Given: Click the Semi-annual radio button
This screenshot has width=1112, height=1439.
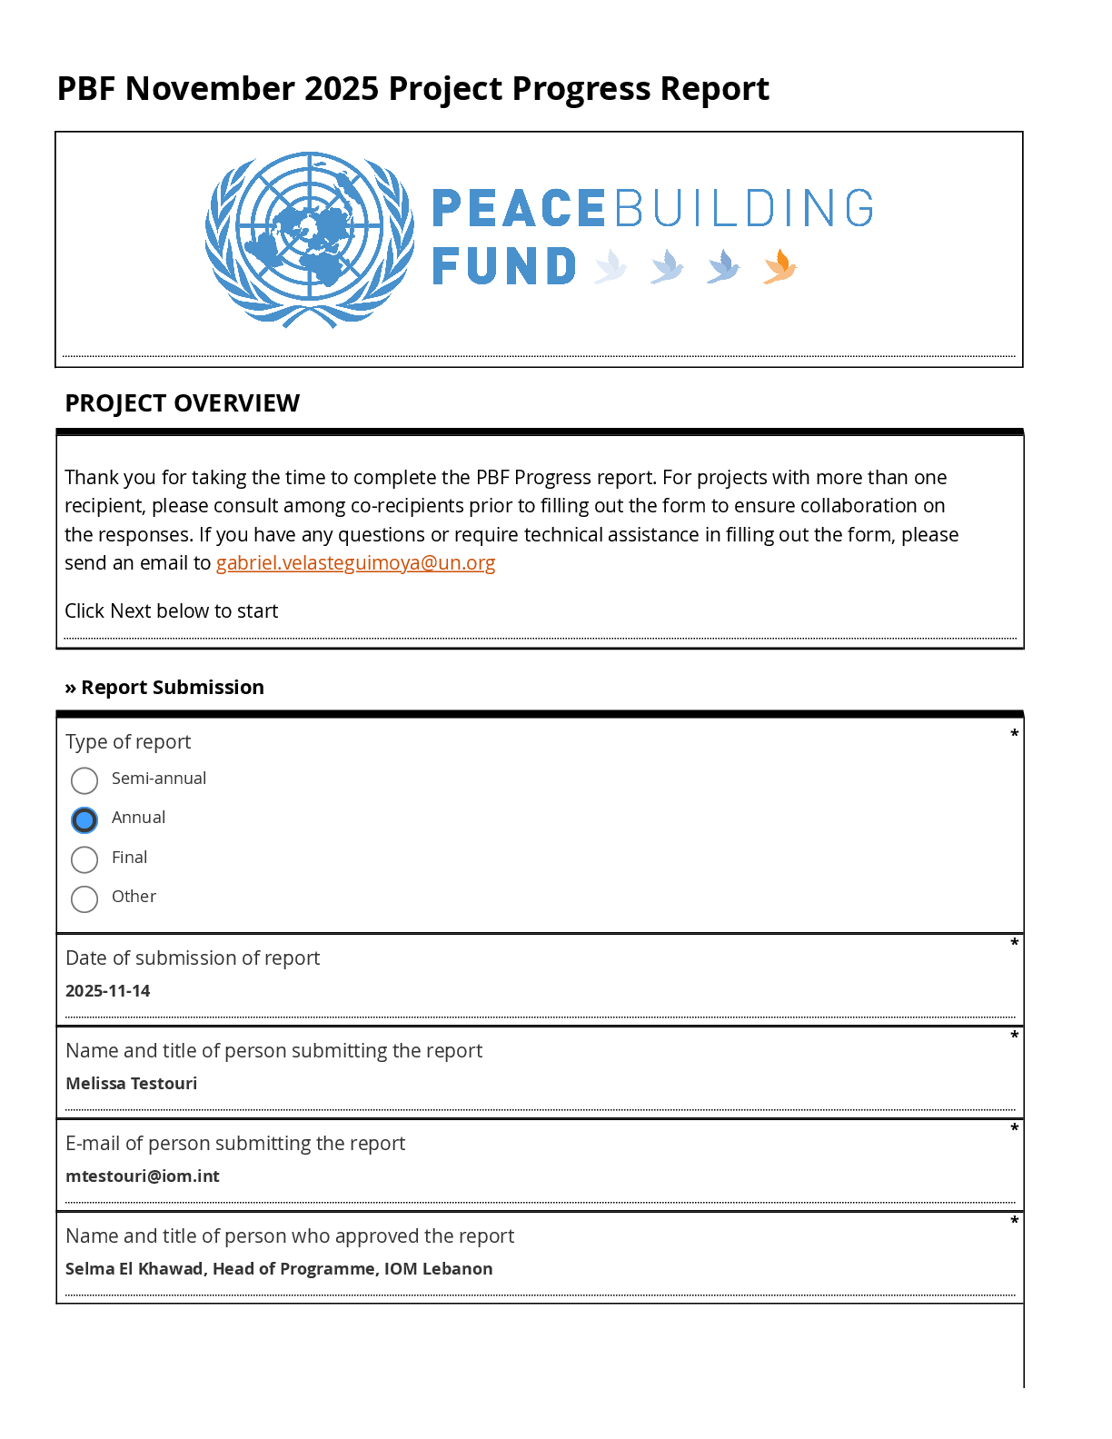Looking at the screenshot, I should [84, 780].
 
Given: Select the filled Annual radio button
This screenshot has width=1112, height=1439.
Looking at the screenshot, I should [84, 820].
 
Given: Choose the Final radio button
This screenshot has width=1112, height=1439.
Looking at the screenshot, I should [84, 859].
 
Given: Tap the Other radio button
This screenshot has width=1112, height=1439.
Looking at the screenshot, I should [84, 899].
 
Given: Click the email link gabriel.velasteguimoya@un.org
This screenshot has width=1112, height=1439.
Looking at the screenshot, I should [355, 563].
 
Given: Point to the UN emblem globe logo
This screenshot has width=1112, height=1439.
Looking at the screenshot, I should [310, 239].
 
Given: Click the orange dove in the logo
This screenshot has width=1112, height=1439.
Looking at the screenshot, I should [779, 267].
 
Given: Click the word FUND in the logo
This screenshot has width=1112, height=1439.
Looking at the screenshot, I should [504, 267].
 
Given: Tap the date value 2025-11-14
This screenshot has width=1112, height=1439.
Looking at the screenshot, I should [108, 991].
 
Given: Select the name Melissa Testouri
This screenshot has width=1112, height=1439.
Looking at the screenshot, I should [132, 1084].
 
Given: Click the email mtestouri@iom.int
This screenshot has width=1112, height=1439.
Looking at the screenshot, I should [143, 1176].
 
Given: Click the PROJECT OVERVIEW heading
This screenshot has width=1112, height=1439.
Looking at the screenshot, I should [182, 403].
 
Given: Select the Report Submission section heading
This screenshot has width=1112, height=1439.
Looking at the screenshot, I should [172, 688].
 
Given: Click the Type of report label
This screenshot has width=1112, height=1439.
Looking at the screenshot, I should [128, 742].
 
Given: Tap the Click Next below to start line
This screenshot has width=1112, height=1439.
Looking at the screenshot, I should [171, 611].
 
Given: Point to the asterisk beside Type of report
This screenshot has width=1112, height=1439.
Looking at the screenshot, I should [1014, 733].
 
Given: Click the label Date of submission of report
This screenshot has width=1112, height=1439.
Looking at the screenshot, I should [193, 958].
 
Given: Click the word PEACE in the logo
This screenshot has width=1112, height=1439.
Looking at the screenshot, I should [519, 209].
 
